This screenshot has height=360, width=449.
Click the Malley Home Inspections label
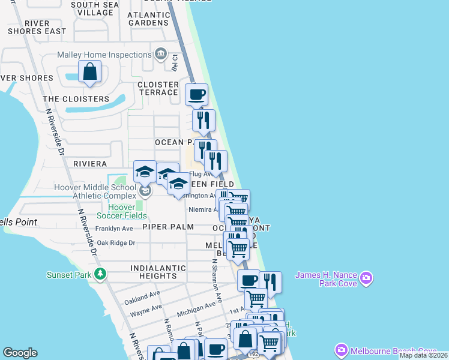click(104, 55)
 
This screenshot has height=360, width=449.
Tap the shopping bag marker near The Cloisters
click(89, 72)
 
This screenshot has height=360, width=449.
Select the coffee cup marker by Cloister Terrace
click(196, 95)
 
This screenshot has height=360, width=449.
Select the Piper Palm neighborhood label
click(168, 227)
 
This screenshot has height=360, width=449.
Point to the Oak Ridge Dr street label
click(116, 243)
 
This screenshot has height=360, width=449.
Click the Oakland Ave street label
click(142, 296)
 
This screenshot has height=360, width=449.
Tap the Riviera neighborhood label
click(90, 163)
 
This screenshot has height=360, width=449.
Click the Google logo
click(20, 353)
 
